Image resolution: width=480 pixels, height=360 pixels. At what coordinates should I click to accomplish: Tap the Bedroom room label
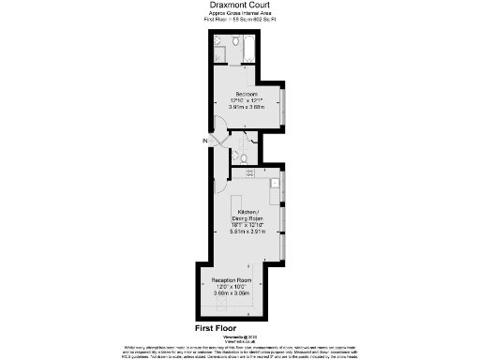point(247,95)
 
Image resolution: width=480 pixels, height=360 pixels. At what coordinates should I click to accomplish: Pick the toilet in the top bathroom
point(217,42)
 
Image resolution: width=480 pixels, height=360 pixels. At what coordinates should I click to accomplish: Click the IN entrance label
point(202,141)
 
